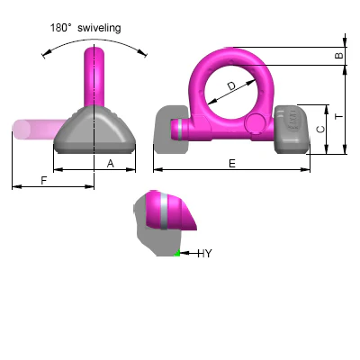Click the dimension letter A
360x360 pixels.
pyautogui.click(x=111, y=164)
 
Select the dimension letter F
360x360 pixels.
pyautogui.click(x=44, y=181)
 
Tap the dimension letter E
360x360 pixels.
pyautogui.click(x=232, y=164)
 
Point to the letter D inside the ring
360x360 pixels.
pyautogui.click(x=231, y=86)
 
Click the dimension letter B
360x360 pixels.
pyautogui.click(x=338, y=56)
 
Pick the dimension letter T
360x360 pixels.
pyautogui.click(x=338, y=116)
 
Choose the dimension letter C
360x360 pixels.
pyautogui.click(x=320, y=130)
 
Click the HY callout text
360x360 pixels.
pyautogui.click(x=204, y=254)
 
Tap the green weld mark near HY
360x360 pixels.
pyautogui.click(x=177, y=253)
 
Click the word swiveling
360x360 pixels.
pyautogui.click(x=99, y=28)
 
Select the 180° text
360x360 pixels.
pyautogui.click(x=60, y=28)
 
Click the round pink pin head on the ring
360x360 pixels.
pyautogui.click(x=254, y=124)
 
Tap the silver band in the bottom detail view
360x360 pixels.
pyautogui.click(x=164, y=211)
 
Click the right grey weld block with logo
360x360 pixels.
pyautogui.click(x=292, y=130)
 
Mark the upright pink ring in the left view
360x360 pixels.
pyautogui.click(x=94, y=77)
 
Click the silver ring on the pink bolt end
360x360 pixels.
pyautogui.click(x=179, y=130)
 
